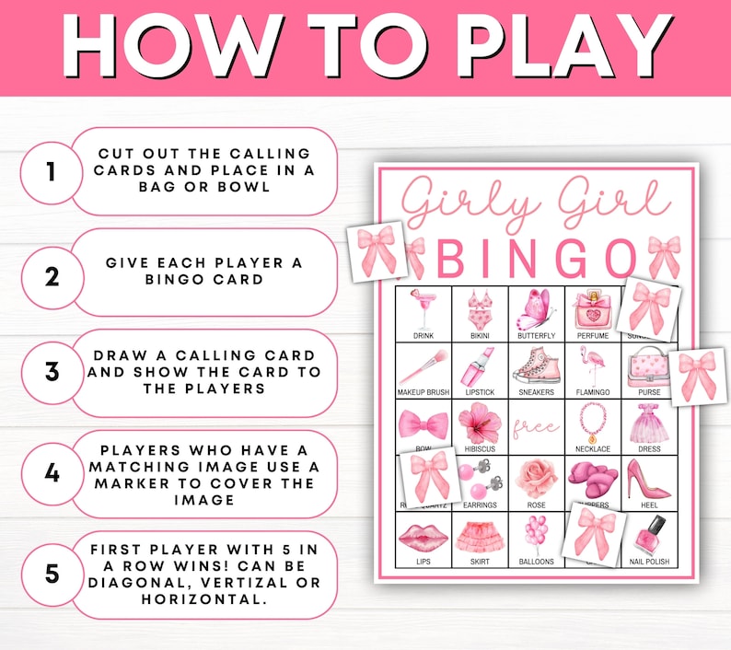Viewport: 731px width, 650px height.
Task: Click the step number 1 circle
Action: point(51,171)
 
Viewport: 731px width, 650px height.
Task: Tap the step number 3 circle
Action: point(51,373)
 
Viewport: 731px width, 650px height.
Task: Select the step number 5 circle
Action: point(51,573)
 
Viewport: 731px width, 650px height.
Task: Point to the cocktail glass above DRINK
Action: point(423,308)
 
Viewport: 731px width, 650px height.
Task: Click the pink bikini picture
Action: point(479,309)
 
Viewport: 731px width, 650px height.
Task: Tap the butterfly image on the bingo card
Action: point(536,308)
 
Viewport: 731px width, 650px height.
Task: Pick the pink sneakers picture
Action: point(536,366)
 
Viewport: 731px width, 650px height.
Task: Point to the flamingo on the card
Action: point(592,366)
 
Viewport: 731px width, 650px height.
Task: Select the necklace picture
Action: point(592,422)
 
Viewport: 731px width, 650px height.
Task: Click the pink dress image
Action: point(649,422)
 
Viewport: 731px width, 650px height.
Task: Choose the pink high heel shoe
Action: point(648,479)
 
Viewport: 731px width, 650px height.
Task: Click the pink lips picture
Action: point(423,536)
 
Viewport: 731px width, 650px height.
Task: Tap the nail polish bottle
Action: point(649,534)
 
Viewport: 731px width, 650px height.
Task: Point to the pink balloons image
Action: point(536,534)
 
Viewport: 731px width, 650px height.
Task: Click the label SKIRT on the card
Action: point(480,562)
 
